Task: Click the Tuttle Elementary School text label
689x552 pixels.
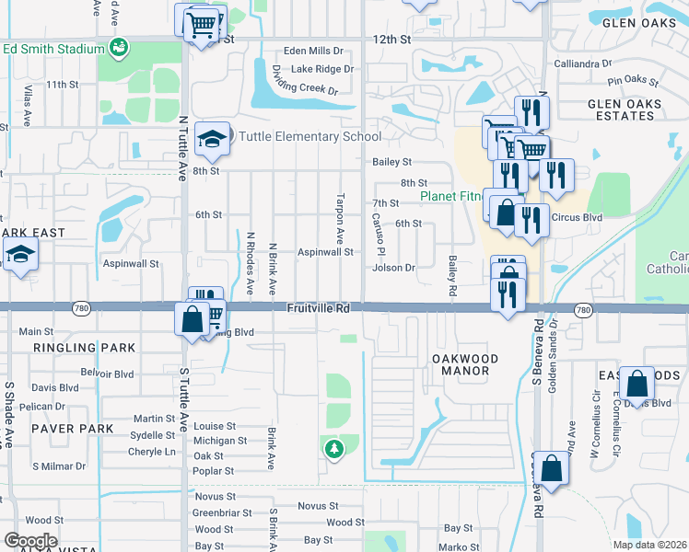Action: (309, 137)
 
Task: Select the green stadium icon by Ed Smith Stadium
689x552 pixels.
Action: (118, 47)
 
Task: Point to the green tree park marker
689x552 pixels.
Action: (333, 449)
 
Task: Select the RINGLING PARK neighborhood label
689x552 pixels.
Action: (84, 348)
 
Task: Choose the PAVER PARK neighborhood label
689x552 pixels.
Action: (71, 429)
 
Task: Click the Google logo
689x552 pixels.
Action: (30, 540)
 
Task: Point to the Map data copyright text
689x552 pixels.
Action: (649, 545)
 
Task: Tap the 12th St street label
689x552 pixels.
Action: (391, 40)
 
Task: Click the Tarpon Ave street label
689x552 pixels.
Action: (341, 212)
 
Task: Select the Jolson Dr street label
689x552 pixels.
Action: (394, 268)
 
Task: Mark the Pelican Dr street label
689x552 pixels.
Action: (53, 406)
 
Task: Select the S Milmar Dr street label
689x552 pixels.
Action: (59, 466)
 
